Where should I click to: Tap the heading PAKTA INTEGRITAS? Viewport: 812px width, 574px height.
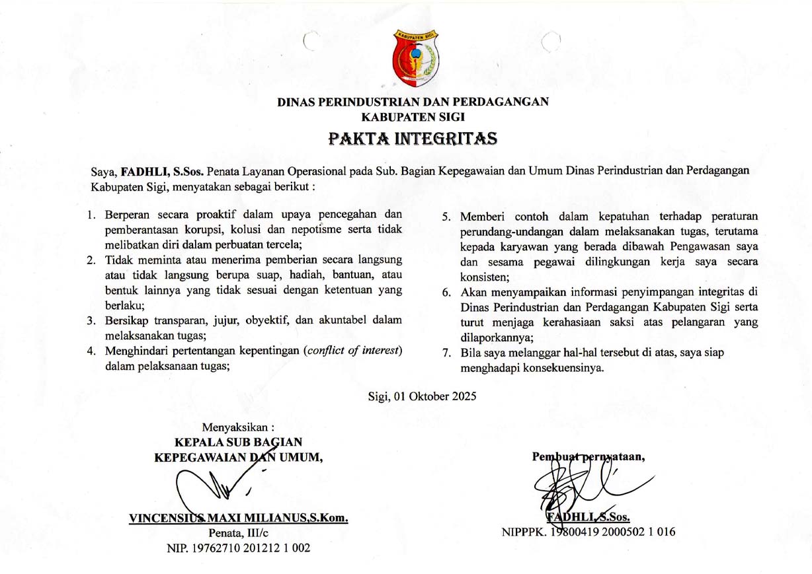click(x=413, y=139)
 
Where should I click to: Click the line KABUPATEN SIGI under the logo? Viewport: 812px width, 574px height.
click(x=413, y=117)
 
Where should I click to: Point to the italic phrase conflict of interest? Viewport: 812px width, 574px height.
click(x=353, y=350)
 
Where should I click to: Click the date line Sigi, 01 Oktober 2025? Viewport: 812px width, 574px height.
click(x=422, y=396)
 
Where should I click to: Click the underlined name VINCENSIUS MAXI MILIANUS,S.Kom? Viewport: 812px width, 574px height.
click(x=239, y=519)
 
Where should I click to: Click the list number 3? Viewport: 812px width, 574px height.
click(x=91, y=321)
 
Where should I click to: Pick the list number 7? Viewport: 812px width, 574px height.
click(x=446, y=353)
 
